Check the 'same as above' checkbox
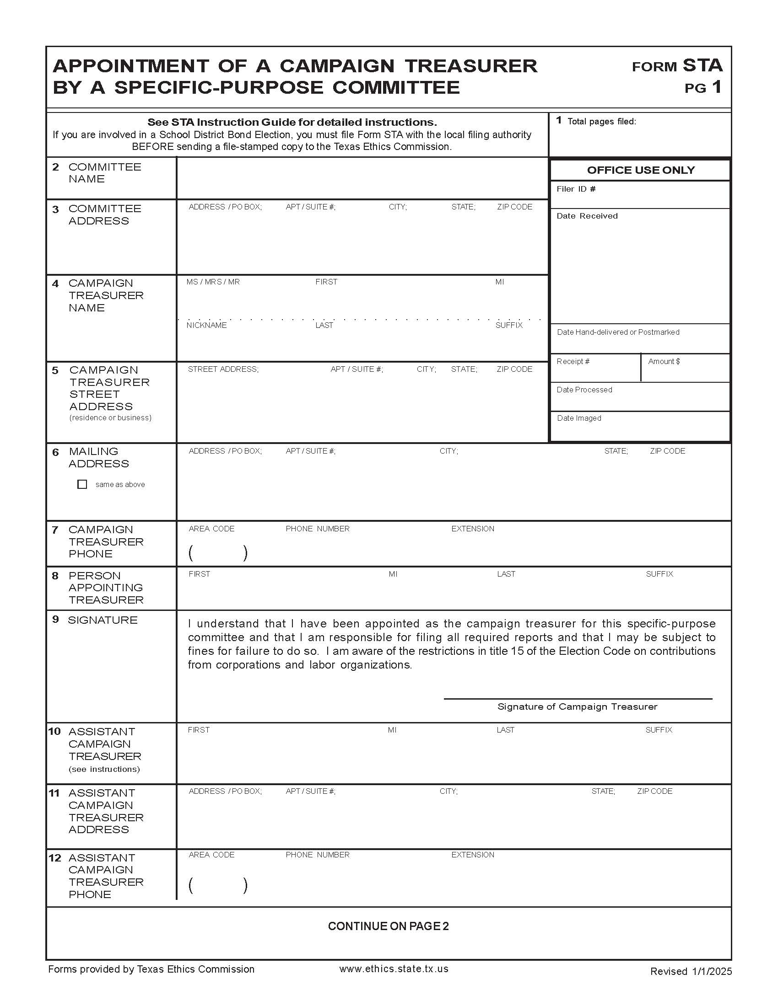tap(82, 484)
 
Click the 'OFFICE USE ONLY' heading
tap(640, 170)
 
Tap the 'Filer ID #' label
tap(576, 189)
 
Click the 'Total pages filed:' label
tap(601, 122)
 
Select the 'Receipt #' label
tap(573, 361)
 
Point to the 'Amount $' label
tap(664, 361)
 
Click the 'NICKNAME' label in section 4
tap(206, 325)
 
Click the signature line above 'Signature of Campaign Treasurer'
tap(578, 698)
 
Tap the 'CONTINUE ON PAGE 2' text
tap(388, 926)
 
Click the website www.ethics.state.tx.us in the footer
tap(394, 969)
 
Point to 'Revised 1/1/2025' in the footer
tap(691, 971)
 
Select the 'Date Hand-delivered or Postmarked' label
tap(618, 332)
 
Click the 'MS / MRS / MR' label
tap(213, 281)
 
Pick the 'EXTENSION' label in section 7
tap(472, 528)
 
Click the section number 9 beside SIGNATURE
tap(55, 619)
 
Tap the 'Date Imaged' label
tap(579, 418)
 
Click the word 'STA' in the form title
tap(702, 65)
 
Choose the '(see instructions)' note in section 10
tap(104, 769)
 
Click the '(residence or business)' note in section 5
tap(110, 417)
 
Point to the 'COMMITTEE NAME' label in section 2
tap(105, 173)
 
